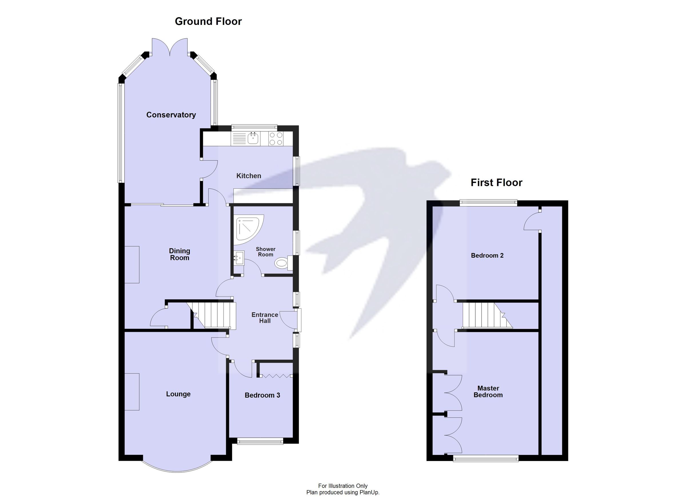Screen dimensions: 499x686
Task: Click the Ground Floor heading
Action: coord(208,21)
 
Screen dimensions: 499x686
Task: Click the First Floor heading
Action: coord(496,182)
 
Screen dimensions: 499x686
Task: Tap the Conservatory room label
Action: coord(171,115)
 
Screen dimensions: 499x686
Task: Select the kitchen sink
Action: coord(253,139)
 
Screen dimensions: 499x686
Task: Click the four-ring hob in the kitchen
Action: coord(276,139)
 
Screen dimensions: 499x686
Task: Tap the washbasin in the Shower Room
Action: coord(239,258)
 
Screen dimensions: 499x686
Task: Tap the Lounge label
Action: coord(178,394)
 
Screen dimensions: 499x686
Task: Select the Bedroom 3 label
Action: coord(262,395)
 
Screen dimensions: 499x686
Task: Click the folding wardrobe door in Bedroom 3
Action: coord(275,376)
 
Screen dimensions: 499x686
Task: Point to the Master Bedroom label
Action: coord(488,391)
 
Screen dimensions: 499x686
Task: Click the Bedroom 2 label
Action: coord(487,255)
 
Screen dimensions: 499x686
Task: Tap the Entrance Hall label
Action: coord(265,318)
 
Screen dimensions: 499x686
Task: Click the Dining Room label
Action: coord(180,254)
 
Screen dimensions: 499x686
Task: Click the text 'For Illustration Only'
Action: coord(343,486)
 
